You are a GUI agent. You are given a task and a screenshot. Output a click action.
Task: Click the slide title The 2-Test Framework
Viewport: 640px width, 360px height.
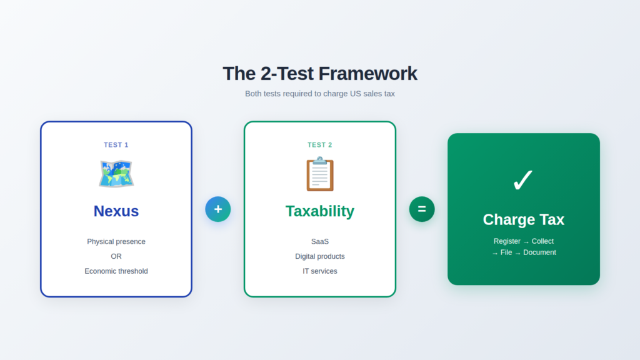tap(319, 74)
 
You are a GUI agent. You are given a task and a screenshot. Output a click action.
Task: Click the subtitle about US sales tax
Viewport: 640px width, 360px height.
tap(319, 94)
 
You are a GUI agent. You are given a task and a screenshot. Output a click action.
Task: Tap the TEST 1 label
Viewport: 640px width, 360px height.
tap(116, 145)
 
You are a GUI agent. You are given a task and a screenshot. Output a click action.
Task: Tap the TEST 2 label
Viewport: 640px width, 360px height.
tap(320, 145)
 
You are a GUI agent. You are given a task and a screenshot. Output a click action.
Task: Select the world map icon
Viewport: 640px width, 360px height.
tap(116, 174)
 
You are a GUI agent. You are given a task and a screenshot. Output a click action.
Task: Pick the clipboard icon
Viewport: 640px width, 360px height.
tap(320, 174)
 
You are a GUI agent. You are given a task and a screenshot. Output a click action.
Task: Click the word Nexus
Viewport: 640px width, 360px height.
tap(116, 211)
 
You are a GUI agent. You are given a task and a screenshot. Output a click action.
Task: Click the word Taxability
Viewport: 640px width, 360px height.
tap(320, 211)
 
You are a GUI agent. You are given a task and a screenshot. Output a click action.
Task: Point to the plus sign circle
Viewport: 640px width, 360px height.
tap(218, 209)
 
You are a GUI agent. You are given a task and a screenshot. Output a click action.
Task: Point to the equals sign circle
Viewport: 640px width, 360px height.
tap(422, 209)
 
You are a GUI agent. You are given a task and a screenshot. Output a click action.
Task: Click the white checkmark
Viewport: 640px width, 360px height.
tap(523, 181)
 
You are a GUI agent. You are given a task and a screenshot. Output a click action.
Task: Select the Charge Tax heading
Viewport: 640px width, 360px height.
tap(523, 220)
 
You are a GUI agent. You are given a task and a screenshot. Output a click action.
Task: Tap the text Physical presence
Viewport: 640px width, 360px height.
tap(116, 241)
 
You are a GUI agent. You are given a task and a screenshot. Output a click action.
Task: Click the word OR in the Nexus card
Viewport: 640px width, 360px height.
tap(116, 256)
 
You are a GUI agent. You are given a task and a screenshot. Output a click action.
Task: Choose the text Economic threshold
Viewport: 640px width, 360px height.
tap(116, 271)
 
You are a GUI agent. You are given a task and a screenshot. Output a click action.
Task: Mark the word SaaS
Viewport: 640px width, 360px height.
tap(320, 241)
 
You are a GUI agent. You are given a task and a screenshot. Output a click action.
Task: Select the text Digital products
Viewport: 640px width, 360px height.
tap(320, 256)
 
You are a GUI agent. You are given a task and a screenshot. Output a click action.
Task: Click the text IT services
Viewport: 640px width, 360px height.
tap(320, 271)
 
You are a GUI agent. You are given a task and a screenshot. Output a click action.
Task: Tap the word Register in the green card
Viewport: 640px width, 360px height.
tap(507, 241)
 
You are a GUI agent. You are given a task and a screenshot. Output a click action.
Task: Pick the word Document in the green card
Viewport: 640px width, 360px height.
tap(539, 252)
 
